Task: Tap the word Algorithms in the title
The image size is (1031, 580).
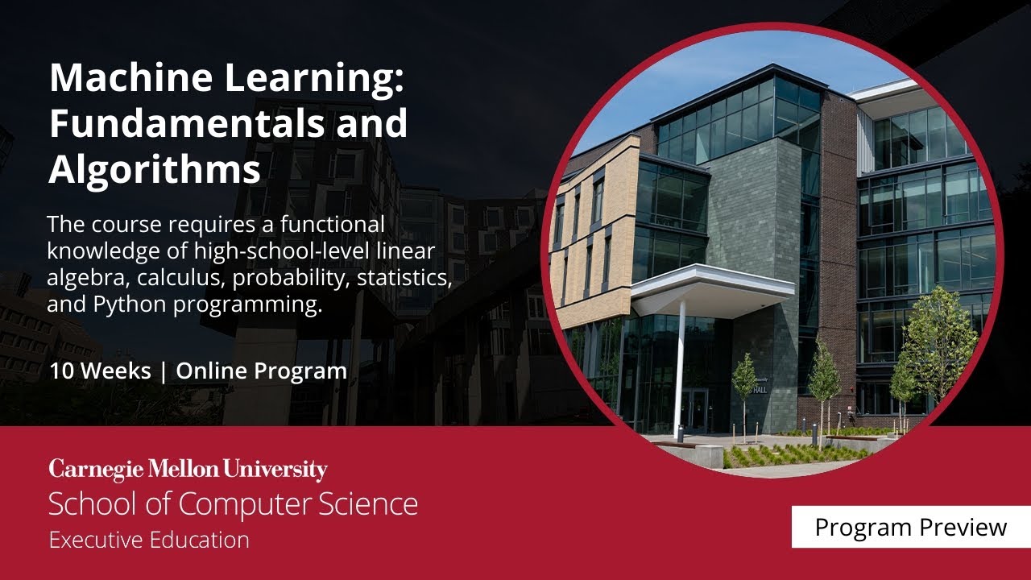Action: coord(155,169)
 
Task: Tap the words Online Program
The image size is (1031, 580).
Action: coord(262,371)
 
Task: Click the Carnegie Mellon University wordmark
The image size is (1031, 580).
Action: coord(188,470)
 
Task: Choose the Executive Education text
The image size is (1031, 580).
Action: coord(149,539)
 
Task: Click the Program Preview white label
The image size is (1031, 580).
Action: coord(910,527)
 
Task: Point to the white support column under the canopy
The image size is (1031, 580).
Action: coord(681,362)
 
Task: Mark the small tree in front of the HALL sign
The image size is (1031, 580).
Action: coord(744,387)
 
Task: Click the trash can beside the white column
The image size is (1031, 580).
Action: coord(679,433)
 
